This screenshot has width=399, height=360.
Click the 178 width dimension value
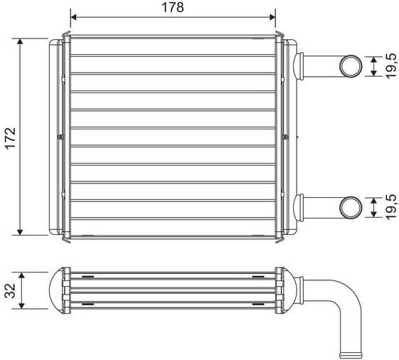[x=173, y=8]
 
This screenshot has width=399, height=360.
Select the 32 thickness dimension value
[x=9, y=290]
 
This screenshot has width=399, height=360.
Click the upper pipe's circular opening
[x=350, y=65]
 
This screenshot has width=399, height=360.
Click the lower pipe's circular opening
[x=350, y=207]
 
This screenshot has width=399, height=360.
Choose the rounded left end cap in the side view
[x=54, y=290]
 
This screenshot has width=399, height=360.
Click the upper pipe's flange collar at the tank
[x=299, y=66]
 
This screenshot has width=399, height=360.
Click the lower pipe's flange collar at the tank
[x=299, y=207]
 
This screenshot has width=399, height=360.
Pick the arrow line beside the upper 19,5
[x=375, y=66]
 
